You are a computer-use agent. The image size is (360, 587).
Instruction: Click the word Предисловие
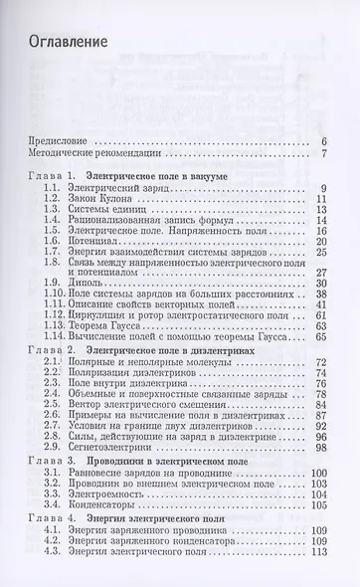(69, 142)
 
